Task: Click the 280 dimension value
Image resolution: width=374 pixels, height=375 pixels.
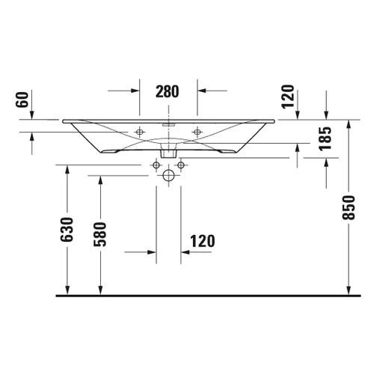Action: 168,92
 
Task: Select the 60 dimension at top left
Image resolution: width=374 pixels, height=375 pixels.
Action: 22,100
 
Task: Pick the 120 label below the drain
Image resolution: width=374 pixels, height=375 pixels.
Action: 202,241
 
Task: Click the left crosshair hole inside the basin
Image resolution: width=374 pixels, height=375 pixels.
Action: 139,132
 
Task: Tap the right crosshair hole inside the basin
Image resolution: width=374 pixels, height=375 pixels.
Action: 197,132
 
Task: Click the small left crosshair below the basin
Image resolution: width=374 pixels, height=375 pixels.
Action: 156,164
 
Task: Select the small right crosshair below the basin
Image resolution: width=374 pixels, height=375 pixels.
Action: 180,164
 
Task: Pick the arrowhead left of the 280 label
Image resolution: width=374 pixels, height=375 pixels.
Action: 135,91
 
